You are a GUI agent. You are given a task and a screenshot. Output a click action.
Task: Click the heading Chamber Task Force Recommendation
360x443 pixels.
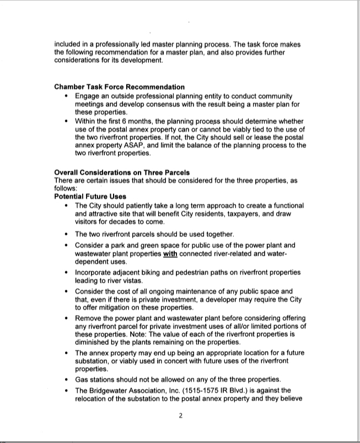[119, 87]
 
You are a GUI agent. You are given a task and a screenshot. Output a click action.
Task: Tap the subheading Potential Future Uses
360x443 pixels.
[90, 196]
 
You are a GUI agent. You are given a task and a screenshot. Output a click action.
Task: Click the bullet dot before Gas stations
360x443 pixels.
[67, 380]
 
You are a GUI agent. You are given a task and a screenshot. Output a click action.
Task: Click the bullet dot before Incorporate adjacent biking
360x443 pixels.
[67, 273]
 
